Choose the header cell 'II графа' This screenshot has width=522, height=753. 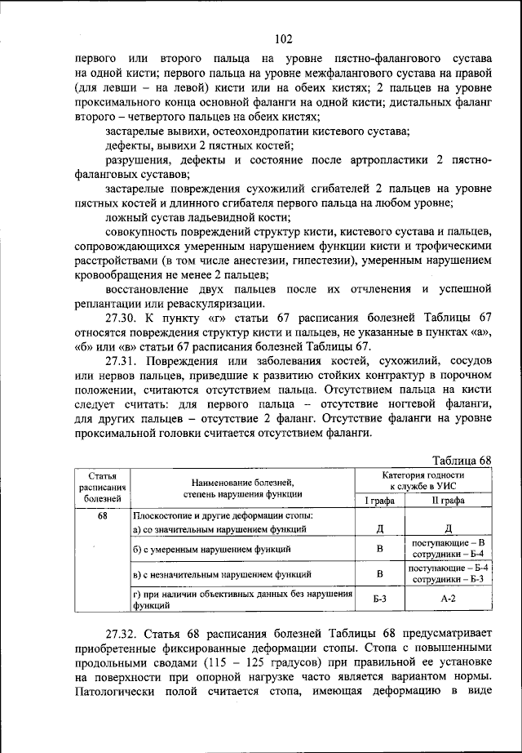tap(448, 500)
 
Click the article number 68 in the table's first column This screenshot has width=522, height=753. tap(102, 516)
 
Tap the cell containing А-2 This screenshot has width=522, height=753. tap(448, 599)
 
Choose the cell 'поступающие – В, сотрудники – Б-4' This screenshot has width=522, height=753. tap(448, 549)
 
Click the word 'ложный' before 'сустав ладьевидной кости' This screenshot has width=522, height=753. tap(126, 217)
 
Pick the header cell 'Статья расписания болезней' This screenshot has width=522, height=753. tap(102, 486)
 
